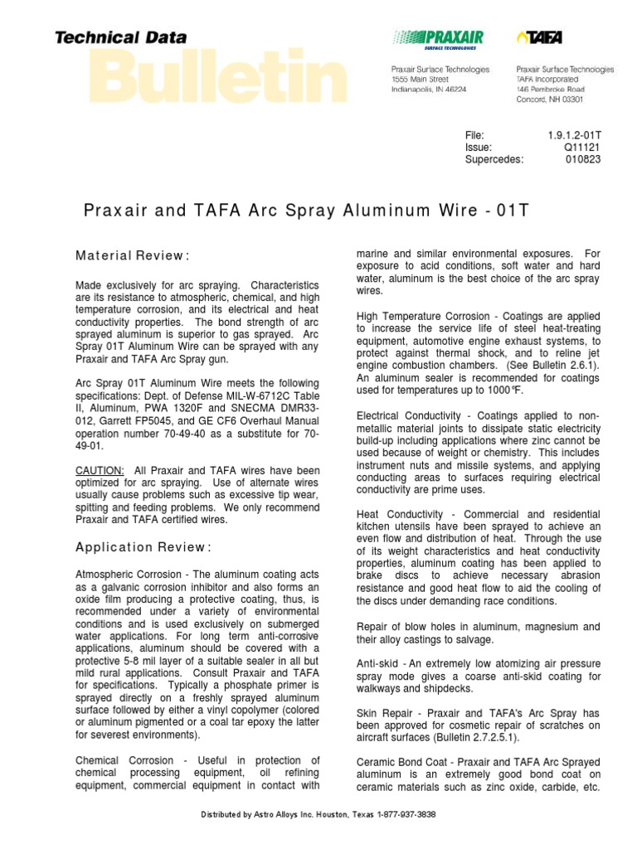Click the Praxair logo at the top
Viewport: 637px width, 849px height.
pyautogui.click(x=437, y=38)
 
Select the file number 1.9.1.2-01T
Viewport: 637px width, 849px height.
pyautogui.click(x=574, y=135)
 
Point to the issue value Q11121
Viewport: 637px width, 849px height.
pyautogui.click(x=581, y=148)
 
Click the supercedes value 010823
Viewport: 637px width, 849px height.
pyautogui.click(x=583, y=160)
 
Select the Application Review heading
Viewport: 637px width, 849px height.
pyautogui.click(x=143, y=547)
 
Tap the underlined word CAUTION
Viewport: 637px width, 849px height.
pyautogui.click(x=100, y=470)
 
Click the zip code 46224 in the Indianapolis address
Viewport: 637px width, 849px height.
pyautogui.click(x=476, y=90)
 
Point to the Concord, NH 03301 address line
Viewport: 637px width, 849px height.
pyautogui.click(x=549, y=99)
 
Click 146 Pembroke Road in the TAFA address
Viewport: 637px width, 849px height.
pyautogui.click(x=550, y=90)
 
